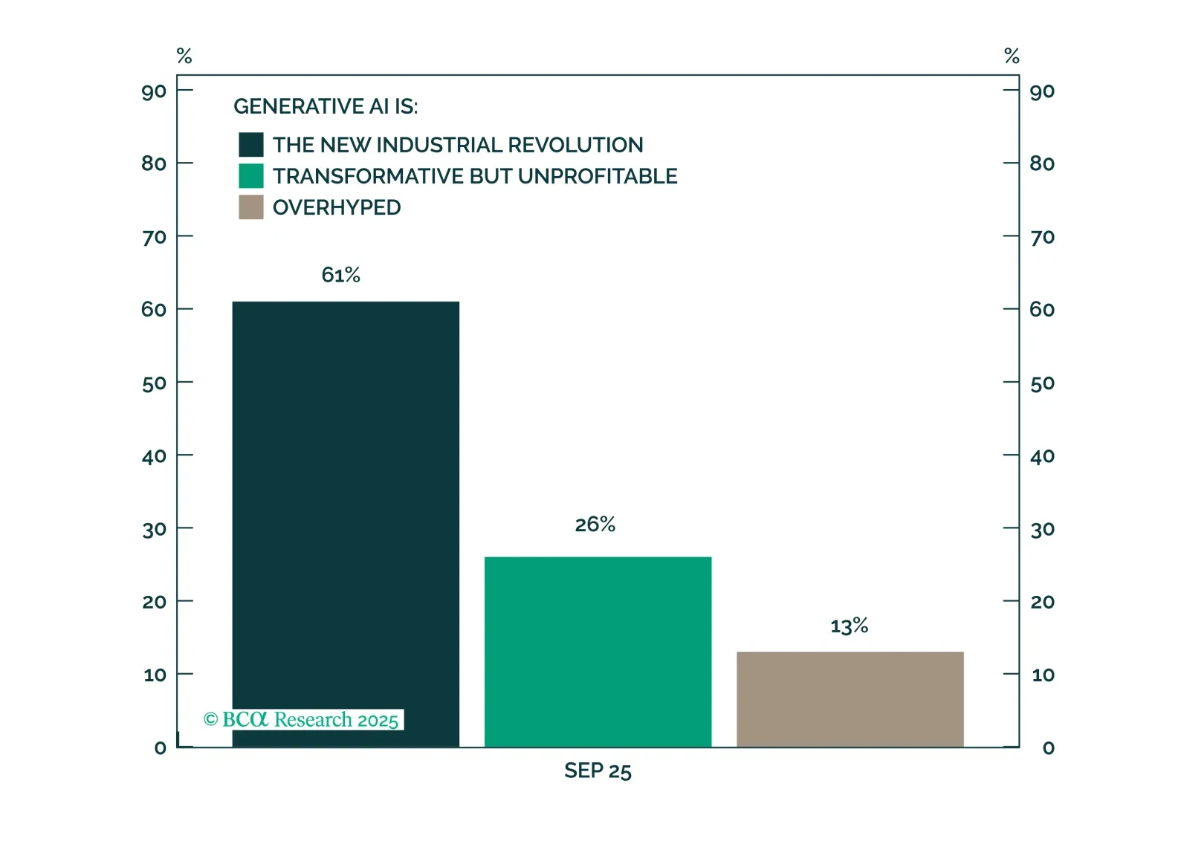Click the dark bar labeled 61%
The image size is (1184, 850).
coord(346,520)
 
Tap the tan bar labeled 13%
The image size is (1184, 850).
coord(850,699)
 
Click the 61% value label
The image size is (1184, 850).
coord(340,275)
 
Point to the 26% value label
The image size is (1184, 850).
coord(595,525)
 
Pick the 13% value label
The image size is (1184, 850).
coord(849,626)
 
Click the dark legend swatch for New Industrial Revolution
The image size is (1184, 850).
coord(251,145)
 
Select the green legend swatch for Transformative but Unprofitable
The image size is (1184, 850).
coord(251,176)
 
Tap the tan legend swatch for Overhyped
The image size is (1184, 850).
coord(251,207)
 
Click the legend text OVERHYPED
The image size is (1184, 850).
coord(337,207)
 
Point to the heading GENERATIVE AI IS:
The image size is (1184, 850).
coord(326,107)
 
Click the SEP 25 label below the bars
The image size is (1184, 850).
coord(598,770)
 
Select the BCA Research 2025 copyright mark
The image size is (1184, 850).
coord(302,719)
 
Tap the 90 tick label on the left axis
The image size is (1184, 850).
coord(154,91)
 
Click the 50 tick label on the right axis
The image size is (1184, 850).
coord(1042,383)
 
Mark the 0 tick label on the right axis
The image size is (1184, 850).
coord(1048,747)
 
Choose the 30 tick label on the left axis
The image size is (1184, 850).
coord(154,530)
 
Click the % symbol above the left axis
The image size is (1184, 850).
coord(184,56)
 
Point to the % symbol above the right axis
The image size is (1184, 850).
coord(1012,56)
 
